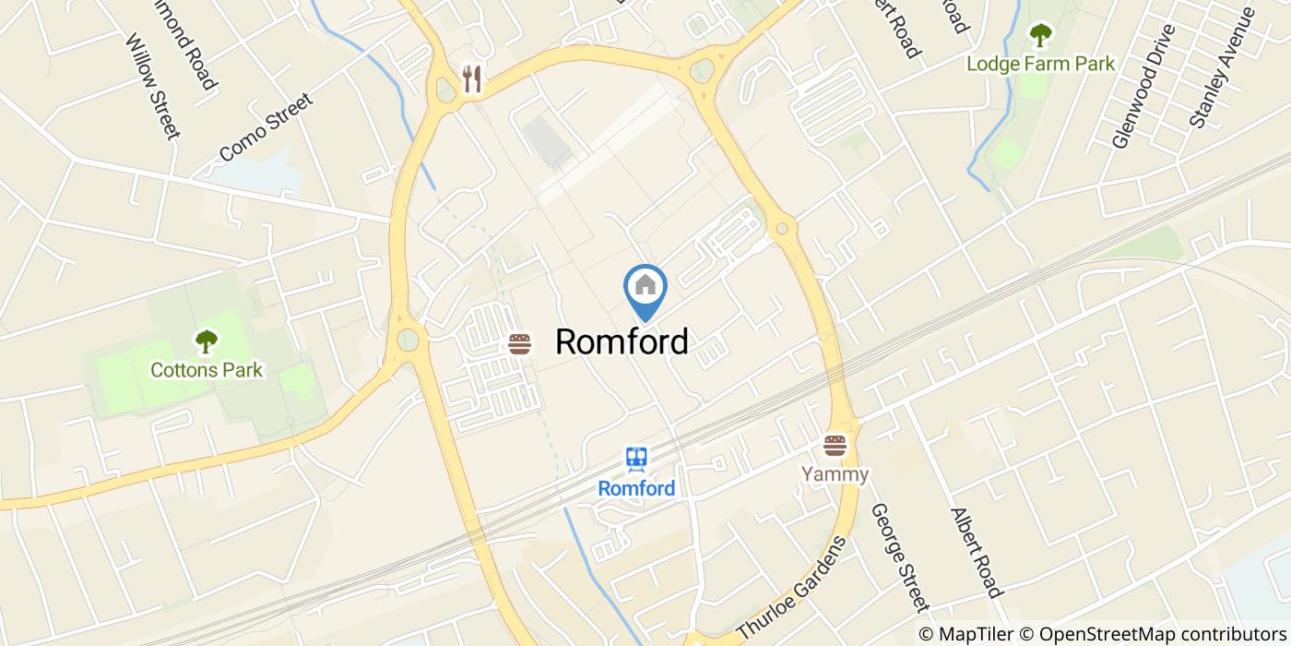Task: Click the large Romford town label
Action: [x=622, y=342]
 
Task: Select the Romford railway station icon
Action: [x=636, y=460]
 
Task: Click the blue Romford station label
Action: [x=636, y=488]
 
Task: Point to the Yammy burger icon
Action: [x=835, y=447]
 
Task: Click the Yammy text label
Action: [x=835, y=474]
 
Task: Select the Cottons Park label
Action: [x=207, y=370]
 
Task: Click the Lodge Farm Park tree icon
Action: [x=1040, y=36]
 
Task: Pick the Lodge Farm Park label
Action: [x=1040, y=64]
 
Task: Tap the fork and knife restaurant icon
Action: [x=472, y=79]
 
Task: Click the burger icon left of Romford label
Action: [x=520, y=344]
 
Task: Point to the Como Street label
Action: [x=267, y=127]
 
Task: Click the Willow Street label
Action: [x=151, y=87]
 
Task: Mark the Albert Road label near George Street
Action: [x=975, y=552]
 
